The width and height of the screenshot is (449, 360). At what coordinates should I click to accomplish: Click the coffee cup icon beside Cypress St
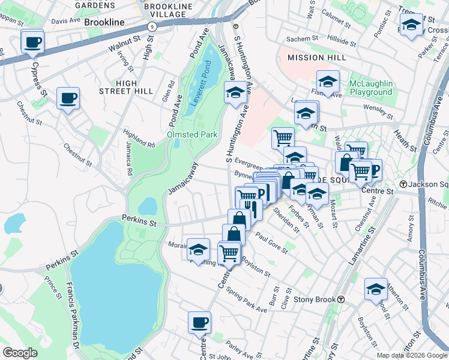tap(32, 42)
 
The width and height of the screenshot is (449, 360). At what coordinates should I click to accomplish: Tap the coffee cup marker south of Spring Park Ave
tap(200, 323)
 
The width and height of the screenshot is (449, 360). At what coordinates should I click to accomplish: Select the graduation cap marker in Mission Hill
tap(328, 82)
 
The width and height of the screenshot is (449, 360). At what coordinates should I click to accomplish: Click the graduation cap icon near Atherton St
tap(376, 289)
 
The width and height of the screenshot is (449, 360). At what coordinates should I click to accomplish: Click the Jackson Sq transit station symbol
tap(404, 184)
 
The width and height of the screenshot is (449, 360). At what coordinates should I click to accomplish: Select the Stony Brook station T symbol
tap(340, 299)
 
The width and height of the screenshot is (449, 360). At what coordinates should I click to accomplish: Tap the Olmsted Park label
tap(192, 134)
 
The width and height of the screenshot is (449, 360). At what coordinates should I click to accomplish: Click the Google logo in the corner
tap(19, 353)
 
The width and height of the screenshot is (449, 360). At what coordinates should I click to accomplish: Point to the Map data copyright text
tap(411, 355)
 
